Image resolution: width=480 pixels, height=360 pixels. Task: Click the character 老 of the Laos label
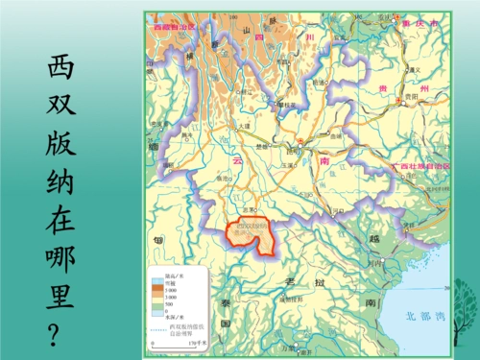(x=288, y=279)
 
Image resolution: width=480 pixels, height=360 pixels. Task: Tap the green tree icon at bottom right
(x=464, y=312)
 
